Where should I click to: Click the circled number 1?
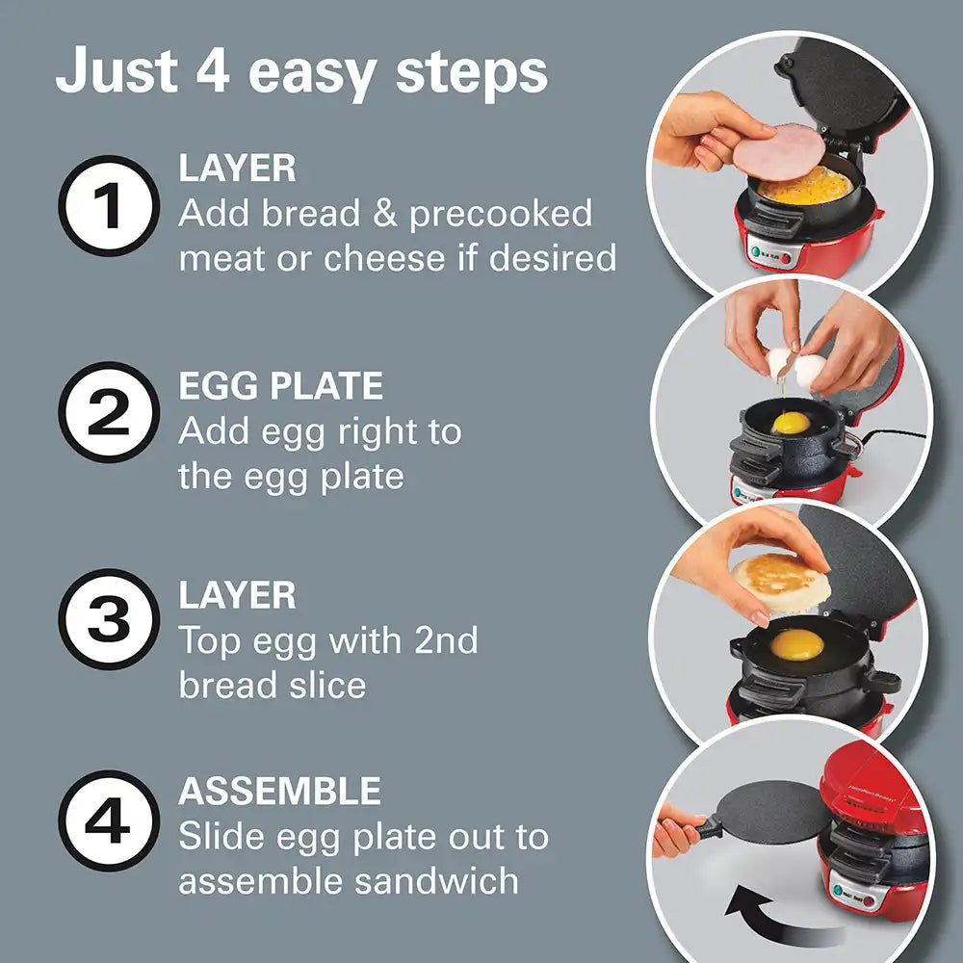pyautogui.click(x=109, y=206)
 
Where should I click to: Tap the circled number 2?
pyautogui.click(x=109, y=412)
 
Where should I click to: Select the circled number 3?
pyautogui.click(x=109, y=619)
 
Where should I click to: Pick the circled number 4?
pyautogui.click(x=109, y=821)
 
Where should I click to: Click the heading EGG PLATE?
pyautogui.click(x=280, y=386)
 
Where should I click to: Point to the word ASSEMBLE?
pyautogui.click(x=279, y=791)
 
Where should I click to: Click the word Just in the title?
pyautogui.click(x=117, y=71)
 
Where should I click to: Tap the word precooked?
pyautogui.click(x=501, y=214)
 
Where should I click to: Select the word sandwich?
pyautogui.click(x=436, y=880)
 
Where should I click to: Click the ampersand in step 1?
pyautogui.click(x=385, y=213)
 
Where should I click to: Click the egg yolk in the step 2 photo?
pyautogui.click(x=791, y=423)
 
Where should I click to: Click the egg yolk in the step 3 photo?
pyautogui.click(x=796, y=644)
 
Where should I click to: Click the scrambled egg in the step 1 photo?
pyautogui.click(x=804, y=188)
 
